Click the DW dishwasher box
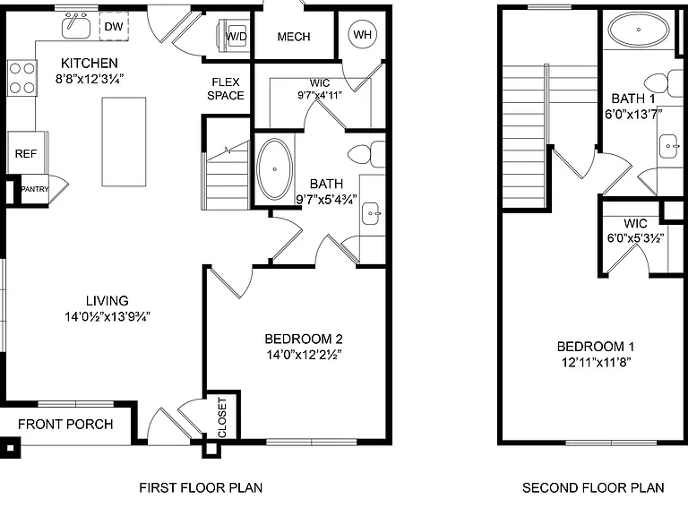[114, 26]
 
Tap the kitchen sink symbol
[76, 25]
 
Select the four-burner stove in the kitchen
[21, 78]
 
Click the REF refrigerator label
[25, 153]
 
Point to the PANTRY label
[35, 189]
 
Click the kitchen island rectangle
[124, 142]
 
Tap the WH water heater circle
[363, 34]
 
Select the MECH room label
[294, 37]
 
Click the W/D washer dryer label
[236, 36]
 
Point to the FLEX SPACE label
[226, 89]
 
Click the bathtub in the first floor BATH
[275, 169]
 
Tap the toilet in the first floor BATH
[366, 154]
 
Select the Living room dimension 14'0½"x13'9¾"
[107, 316]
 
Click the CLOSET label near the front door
[222, 417]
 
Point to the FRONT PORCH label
[65, 424]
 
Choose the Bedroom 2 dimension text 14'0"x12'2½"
[304, 354]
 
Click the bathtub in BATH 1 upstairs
[639, 30]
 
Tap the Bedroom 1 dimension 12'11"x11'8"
[596, 363]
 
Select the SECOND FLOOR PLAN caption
[593, 487]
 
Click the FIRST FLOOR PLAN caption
[201, 487]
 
